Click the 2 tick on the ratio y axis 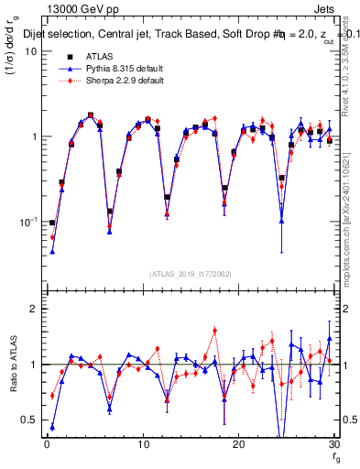(x=35, y=310)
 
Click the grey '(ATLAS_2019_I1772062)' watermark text (x=190, y=273)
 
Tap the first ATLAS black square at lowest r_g (x=52, y=223)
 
